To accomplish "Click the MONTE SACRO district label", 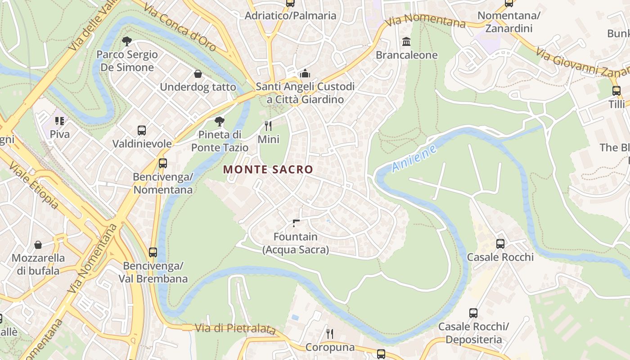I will click(x=268, y=170).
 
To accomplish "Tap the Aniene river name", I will click(x=414, y=158).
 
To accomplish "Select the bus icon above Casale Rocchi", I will click(x=500, y=244).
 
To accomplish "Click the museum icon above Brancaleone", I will click(x=406, y=42).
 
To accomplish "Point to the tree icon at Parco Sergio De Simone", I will click(x=127, y=41).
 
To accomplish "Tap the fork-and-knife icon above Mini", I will click(x=268, y=126).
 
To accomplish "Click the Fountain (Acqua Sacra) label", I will click(x=296, y=243).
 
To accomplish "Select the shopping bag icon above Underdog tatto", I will click(x=198, y=74).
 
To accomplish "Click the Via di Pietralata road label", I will click(x=235, y=328).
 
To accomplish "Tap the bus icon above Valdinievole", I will click(x=142, y=130).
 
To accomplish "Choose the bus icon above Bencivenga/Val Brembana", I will click(x=153, y=252).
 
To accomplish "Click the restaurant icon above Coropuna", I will click(x=330, y=333).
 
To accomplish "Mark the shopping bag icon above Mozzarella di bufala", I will click(x=38, y=245).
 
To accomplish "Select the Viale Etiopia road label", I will click(x=34, y=186).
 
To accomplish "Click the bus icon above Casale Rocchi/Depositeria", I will click(x=473, y=313).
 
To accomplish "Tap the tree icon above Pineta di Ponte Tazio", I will click(x=219, y=121).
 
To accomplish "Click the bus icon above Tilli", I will click(x=616, y=91).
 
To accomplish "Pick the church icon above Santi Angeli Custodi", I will click(x=305, y=73).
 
